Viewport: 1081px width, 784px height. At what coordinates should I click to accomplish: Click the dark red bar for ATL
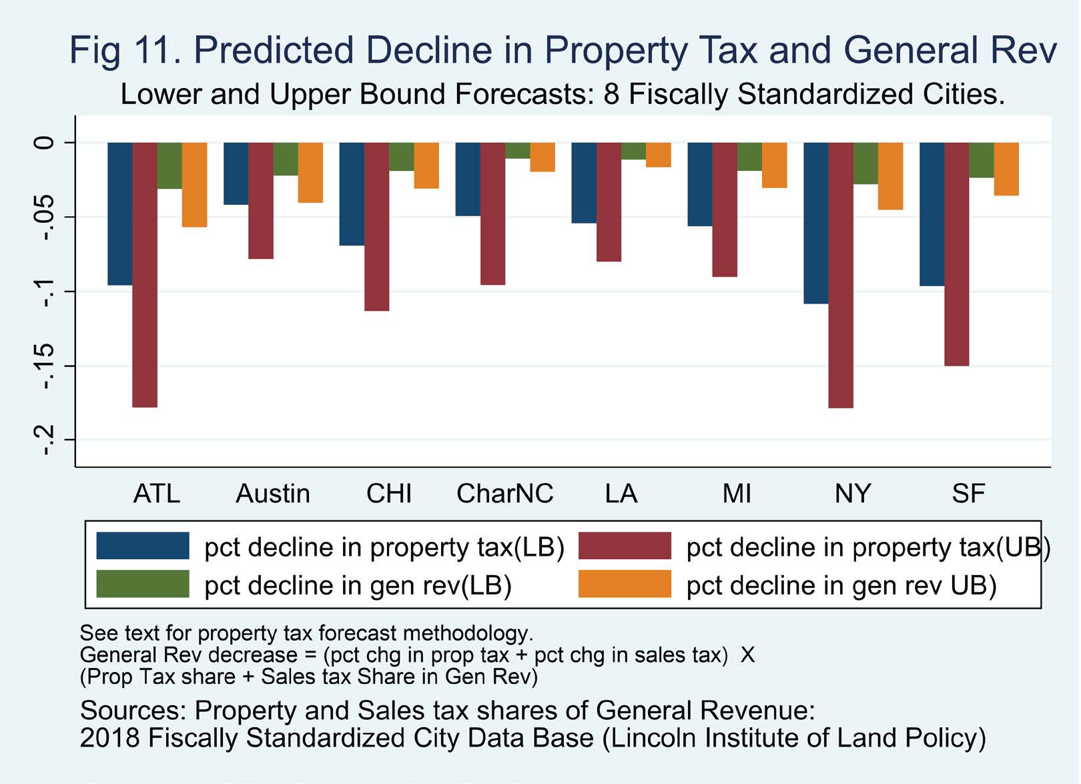pos(145,274)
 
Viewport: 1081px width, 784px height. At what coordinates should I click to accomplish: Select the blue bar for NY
pos(816,223)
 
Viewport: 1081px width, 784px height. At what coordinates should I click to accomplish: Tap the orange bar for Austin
pos(310,172)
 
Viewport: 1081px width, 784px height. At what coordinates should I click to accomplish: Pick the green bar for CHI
pos(401,156)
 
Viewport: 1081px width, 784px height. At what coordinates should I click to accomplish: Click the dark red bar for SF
pos(956,254)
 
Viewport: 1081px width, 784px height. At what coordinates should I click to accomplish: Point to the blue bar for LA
pos(584,182)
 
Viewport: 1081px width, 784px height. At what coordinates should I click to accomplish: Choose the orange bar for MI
pos(774,165)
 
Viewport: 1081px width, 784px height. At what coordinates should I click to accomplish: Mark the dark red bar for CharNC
pos(492,214)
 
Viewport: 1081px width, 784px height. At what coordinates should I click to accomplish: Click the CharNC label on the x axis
pos(504,494)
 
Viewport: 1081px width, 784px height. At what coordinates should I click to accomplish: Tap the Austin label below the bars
pos(273,494)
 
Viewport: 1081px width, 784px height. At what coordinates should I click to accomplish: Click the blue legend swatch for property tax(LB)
pos(143,546)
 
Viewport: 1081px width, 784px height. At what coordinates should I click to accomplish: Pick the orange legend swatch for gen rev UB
pos(625,584)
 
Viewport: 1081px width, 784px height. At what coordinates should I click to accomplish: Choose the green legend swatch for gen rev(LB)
pos(143,584)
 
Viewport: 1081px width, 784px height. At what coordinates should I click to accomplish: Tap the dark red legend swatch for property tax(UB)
pos(625,546)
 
